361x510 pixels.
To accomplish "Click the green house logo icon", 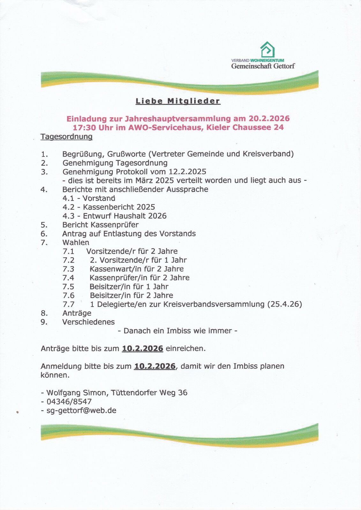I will click(x=267, y=49).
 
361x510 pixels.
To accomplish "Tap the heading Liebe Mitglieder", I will click(x=178, y=101).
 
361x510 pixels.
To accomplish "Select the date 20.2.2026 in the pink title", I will click(x=269, y=119).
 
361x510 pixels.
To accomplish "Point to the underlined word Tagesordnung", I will click(x=66, y=137).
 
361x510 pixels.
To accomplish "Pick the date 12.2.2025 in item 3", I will click(x=187, y=172).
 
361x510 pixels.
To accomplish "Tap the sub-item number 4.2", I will click(x=68, y=207).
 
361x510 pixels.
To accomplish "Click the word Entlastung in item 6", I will click(x=123, y=234).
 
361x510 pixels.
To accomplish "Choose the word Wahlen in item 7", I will click(x=76, y=243).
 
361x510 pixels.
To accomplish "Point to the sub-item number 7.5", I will click(x=68, y=287).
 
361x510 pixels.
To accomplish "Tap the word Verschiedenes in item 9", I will click(x=88, y=322).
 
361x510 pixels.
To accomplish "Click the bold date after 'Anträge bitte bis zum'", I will click(x=142, y=348).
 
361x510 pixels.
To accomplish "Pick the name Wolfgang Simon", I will click(x=77, y=393).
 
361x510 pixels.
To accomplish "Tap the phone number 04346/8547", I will click(x=69, y=402).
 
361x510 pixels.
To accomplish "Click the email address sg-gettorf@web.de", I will click(x=81, y=411).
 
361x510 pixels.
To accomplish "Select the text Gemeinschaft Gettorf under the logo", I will click(x=263, y=66).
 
